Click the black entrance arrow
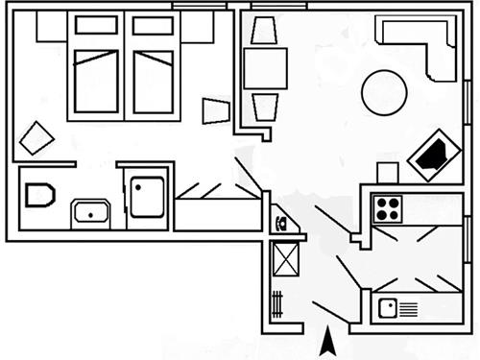[x=327, y=341]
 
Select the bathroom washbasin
[x=92, y=212]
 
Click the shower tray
[x=149, y=196]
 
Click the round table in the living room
[x=383, y=92]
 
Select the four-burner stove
[x=388, y=207]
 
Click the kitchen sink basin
[x=388, y=308]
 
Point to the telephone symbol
[x=279, y=225]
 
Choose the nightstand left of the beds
[x=50, y=28]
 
